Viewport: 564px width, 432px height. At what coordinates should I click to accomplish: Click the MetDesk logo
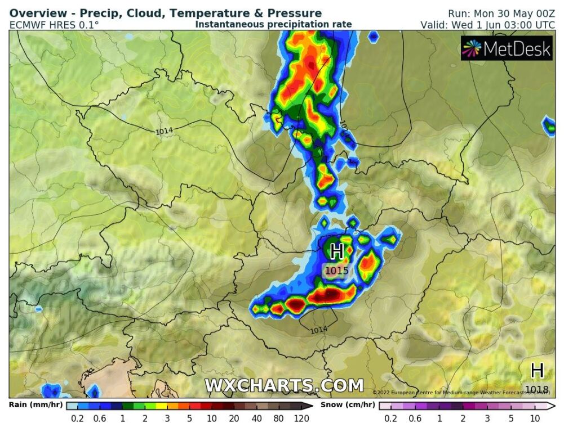506,49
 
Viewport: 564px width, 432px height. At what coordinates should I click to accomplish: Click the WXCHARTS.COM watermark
284,386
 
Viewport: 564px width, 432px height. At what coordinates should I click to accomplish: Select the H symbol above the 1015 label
336,251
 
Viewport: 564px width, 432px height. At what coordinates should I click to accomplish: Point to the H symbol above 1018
537,370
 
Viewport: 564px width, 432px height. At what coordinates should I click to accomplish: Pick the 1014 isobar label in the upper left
164,131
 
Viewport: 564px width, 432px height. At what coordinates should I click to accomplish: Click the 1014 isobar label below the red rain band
319,330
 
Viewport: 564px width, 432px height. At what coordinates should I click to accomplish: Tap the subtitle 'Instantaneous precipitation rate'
273,24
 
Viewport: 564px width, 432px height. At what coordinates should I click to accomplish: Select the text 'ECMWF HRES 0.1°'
54,25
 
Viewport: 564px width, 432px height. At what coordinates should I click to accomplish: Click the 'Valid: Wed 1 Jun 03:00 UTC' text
487,25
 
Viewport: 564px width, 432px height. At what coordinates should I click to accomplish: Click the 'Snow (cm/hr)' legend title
348,404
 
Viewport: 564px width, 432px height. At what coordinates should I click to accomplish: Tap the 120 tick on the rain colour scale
301,418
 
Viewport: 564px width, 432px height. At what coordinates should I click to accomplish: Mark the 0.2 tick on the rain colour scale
77,418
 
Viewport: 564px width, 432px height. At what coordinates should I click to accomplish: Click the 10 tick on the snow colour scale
535,418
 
